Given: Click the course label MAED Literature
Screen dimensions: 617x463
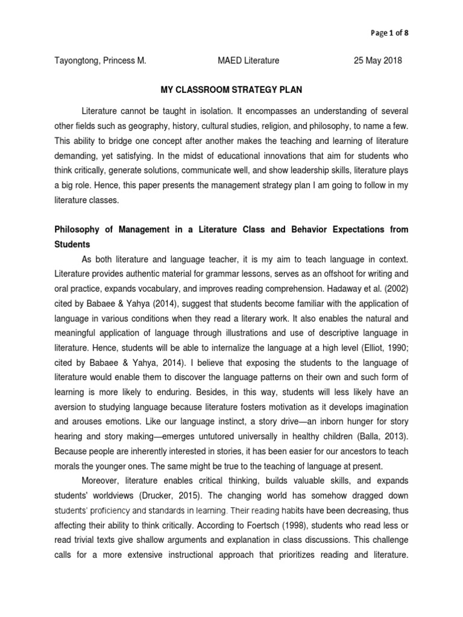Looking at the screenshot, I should coord(248,61).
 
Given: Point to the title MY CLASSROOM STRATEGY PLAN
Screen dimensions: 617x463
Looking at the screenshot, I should coord(231,90).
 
